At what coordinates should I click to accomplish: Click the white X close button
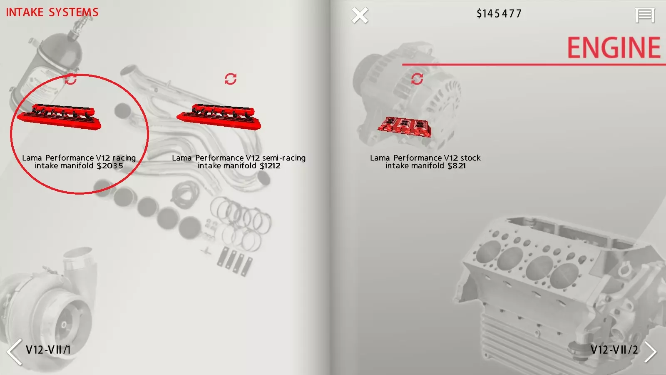click(x=360, y=15)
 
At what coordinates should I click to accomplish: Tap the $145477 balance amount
click(x=499, y=14)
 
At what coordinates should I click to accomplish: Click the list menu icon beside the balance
click(x=645, y=15)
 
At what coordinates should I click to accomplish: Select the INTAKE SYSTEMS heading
click(x=52, y=12)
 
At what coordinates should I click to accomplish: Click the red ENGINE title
click(x=614, y=47)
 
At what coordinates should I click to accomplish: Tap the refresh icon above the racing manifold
click(x=71, y=79)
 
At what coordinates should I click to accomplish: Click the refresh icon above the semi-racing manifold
click(x=231, y=79)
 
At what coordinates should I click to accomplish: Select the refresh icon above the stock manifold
click(x=417, y=79)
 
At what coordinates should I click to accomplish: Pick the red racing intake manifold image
click(x=59, y=117)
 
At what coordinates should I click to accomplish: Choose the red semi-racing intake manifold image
click(x=219, y=117)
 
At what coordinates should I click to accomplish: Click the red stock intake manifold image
click(x=405, y=127)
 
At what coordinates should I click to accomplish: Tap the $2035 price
click(x=110, y=166)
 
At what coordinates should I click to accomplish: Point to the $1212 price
click(x=270, y=166)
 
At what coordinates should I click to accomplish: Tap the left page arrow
click(x=15, y=352)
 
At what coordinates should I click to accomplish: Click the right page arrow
click(x=651, y=352)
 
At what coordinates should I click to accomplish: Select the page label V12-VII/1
click(x=48, y=350)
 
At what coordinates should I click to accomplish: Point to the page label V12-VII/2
click(x=614, y=350)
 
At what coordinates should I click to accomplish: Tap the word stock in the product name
click(x=470, y=158)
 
